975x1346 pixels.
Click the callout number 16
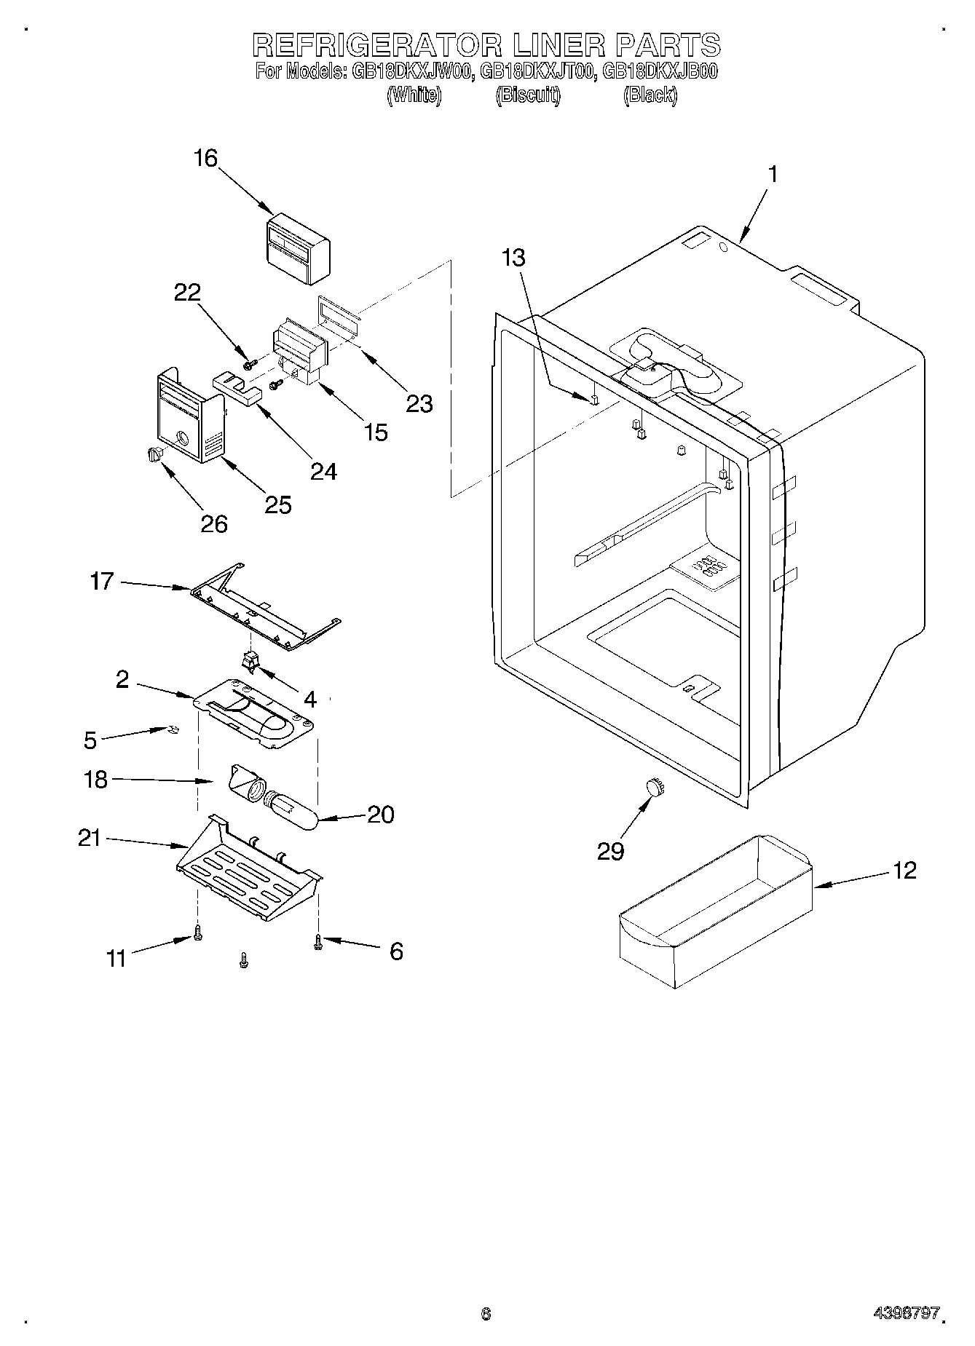[206, 159]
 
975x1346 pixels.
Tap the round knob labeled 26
[153, 455]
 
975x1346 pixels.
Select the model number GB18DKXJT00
[539, 72]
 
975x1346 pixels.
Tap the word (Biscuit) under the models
[528, 95]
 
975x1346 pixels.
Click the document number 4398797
[907, 1313]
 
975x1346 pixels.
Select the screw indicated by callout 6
[318, 943]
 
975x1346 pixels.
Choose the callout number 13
[514, 258]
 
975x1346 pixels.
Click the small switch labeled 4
[250, 660]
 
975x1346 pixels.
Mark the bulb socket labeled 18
[245, 785]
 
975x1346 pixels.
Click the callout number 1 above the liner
[773, 175]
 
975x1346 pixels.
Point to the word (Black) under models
[650, 95]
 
